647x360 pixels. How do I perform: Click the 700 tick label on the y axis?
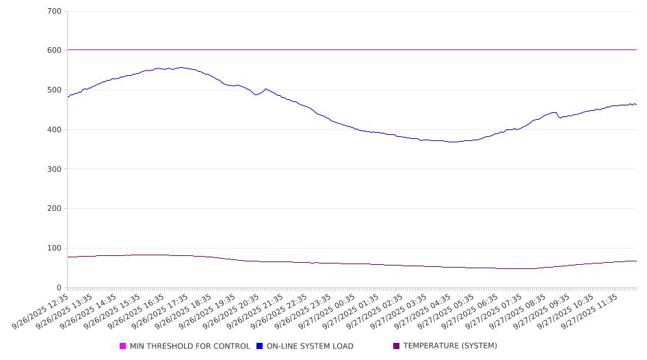[x=55, y=12]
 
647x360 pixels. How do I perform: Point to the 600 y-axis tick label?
[x=55, y=51]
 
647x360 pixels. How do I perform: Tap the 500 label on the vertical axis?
[x=55, y=90]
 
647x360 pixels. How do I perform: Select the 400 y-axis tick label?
[x=55, y=130]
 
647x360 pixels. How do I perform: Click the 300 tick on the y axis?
[x=55, y=169]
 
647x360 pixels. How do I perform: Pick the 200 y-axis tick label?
[x=55, y=209]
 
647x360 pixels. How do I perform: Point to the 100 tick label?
[x=55, y=248]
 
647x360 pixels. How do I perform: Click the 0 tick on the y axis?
[x=60, y=288]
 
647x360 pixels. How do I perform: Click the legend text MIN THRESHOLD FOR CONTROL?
[x=189, y=346]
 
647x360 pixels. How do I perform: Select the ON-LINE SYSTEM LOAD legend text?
[x=310, y=346]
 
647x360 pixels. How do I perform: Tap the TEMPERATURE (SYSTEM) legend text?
[x=450, y=346]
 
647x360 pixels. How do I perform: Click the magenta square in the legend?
[x=123, y=346]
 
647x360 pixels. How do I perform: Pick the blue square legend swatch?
[x=260, y=346]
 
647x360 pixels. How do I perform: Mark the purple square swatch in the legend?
[x=397, y=346]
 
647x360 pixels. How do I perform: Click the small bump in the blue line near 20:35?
[x=265, y=89]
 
